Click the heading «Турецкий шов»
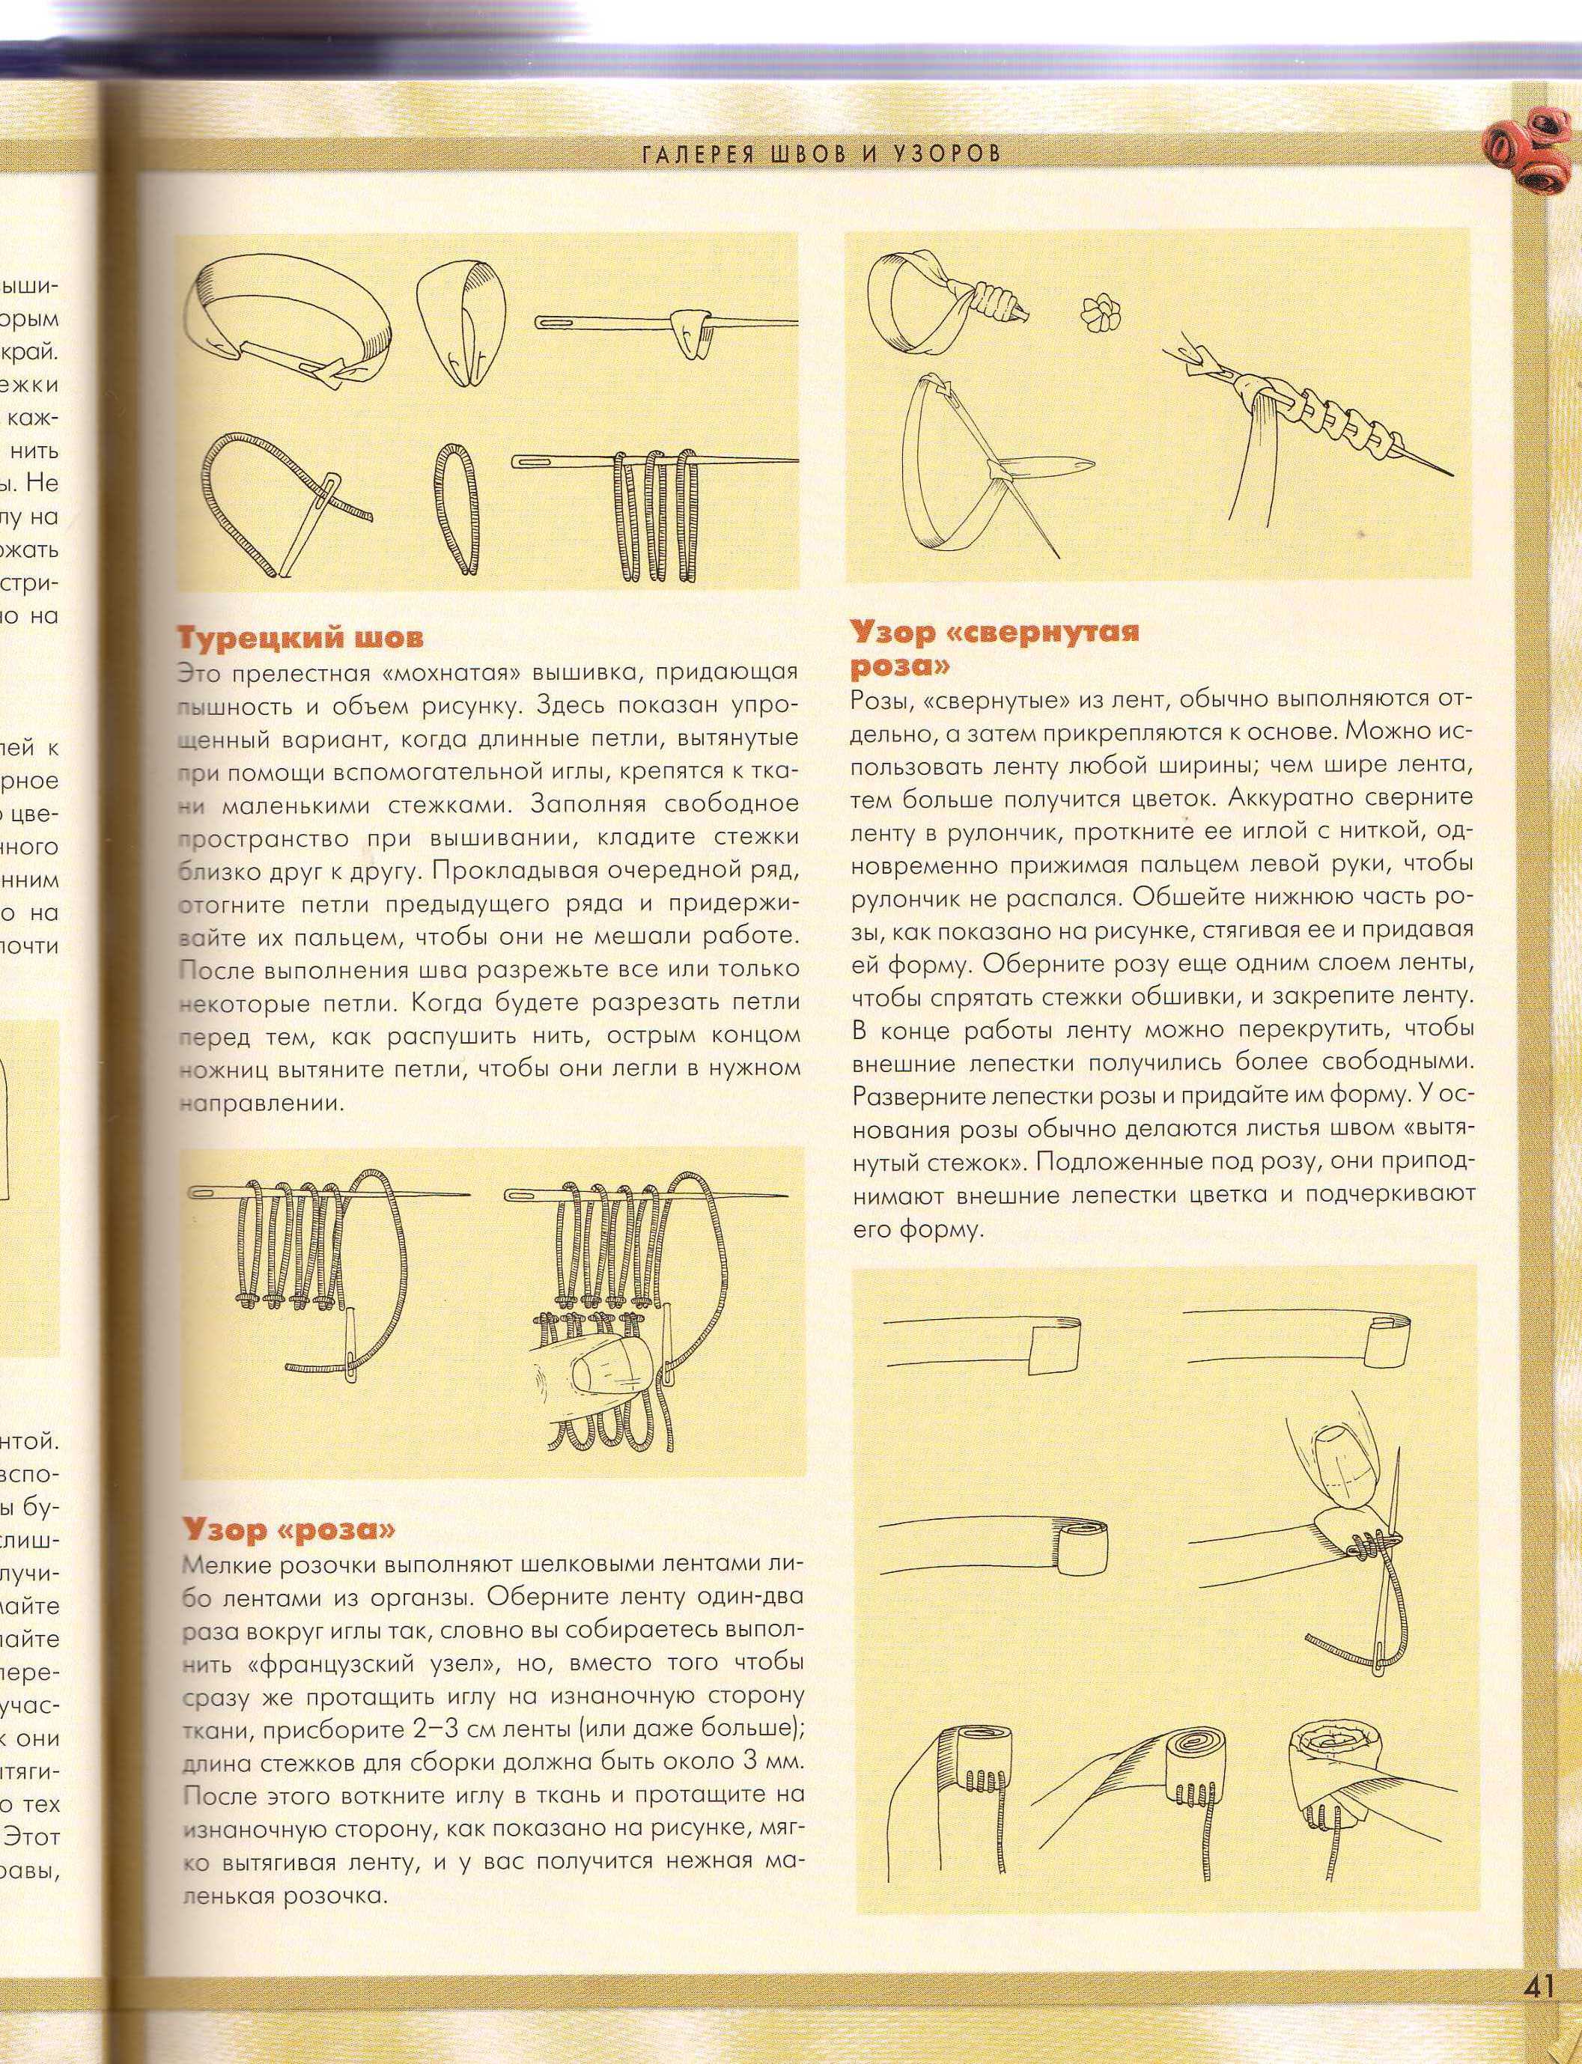point(300,638)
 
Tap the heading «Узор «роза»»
point(289,1530)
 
